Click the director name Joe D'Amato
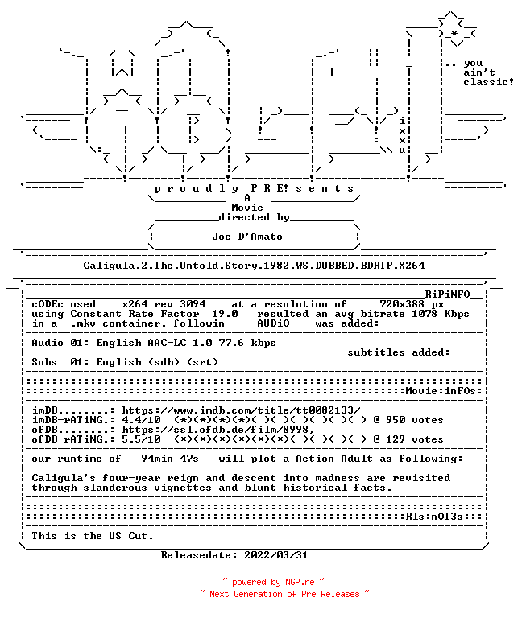(247, 237)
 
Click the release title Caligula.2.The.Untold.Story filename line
(254, 266)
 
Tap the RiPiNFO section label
(447, 295)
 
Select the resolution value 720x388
(402, 304)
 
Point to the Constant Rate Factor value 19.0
(225, 314)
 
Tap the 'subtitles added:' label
(399, 352)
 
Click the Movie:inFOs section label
(441, 391)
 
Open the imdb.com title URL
(241, 410)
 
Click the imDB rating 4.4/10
(141, 420)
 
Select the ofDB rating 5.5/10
(141, 439)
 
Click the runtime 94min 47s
(170, 459)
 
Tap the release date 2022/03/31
(276, 555)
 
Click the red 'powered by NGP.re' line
(273, 582)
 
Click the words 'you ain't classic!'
(488, 73)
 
